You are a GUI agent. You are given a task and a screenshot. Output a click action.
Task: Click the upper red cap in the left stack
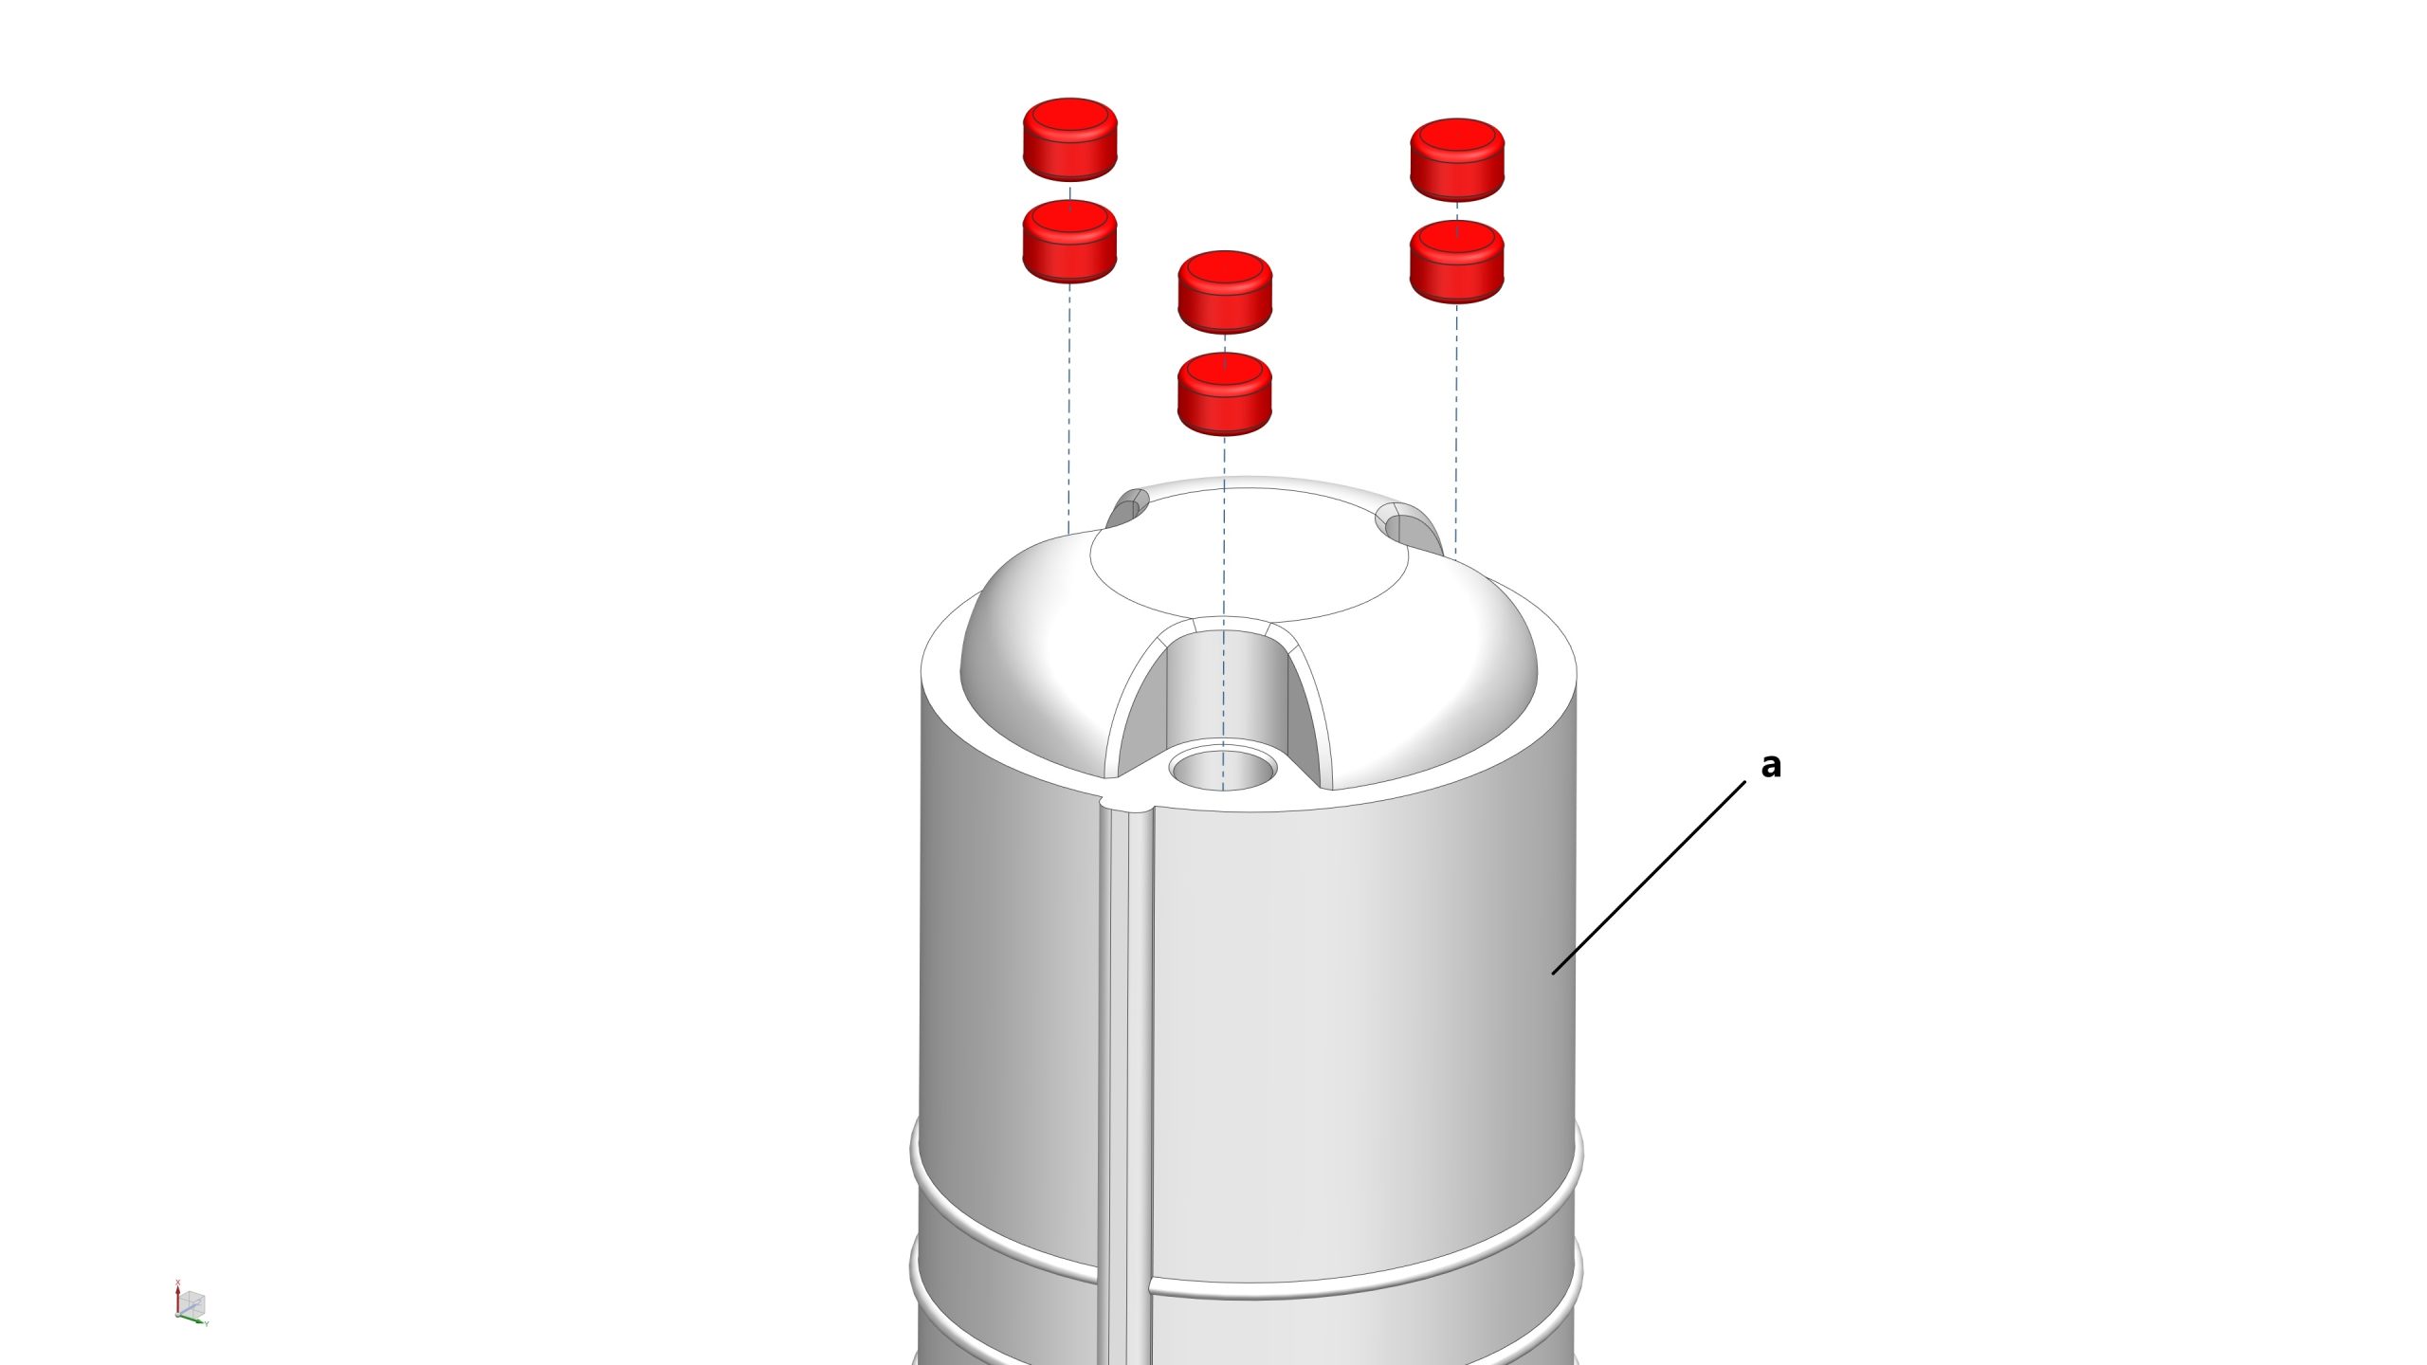[x=1069, y=139]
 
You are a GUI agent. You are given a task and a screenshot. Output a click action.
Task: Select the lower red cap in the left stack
[x=1069, y=242]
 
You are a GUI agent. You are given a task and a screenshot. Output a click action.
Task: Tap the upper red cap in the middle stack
[x=1225, y=292]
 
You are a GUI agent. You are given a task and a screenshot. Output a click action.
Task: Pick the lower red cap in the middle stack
[x=1225, y=394]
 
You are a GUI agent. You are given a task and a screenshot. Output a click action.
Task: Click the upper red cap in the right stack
[x=1457, y=160]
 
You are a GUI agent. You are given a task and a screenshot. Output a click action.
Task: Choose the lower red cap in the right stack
[x=1457, y=263]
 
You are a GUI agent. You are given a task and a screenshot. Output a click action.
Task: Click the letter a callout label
[x=1770, y=765]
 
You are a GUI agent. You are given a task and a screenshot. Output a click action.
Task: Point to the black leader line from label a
[x=1649, y=878]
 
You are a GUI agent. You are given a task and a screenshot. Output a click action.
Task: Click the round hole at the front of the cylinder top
[x=1223, y=766]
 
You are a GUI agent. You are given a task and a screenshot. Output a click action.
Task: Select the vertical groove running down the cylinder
[x=1125, y=1081]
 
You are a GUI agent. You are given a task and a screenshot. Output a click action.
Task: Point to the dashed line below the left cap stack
[x=1069, y=408]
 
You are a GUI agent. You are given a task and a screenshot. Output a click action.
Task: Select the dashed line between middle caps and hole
[x=1224, y=612]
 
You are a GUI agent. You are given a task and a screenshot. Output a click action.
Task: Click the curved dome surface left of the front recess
[x=1033, y=664]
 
